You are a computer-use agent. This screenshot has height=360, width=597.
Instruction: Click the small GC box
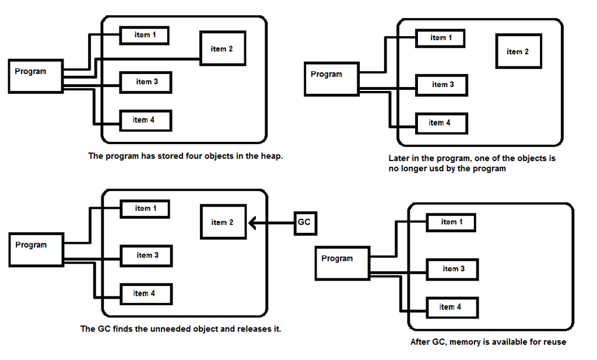point(304,222)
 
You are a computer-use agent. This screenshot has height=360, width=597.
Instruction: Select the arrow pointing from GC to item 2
point(271,222)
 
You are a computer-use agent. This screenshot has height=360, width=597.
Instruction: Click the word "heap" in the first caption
point(272,156)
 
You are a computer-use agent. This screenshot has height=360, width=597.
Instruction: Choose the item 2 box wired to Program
point(222,49)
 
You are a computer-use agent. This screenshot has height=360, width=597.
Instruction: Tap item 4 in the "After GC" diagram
point(451,307)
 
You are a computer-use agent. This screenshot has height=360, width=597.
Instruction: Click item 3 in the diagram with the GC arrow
point(146,256)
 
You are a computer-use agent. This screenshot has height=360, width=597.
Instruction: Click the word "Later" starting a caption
point(399,159)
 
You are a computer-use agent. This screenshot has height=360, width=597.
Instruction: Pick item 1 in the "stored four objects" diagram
point(145,36)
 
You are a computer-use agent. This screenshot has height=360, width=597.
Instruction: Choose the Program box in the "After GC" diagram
point(342,263)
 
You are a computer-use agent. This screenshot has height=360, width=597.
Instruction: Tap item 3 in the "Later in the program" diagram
point(441,85)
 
